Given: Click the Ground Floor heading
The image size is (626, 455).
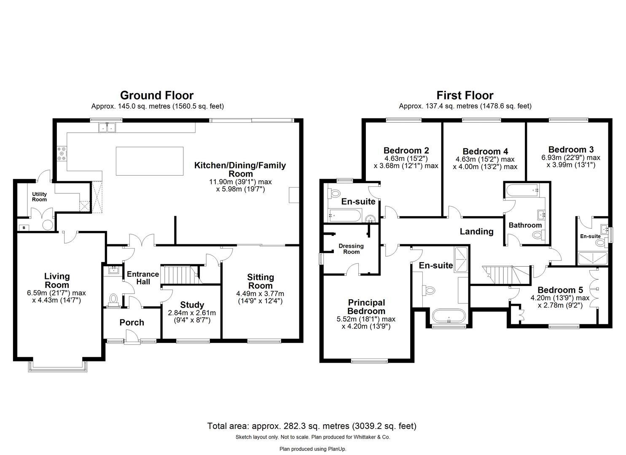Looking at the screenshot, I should pos(156,95).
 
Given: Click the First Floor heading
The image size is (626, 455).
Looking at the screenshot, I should pos(465,95).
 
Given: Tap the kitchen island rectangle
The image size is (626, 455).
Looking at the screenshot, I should pos(150,161).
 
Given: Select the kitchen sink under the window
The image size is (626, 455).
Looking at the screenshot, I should pos(107,127).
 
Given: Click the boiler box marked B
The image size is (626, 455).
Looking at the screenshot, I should pos(24,227).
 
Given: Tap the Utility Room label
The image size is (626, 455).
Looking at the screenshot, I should pos(40,197).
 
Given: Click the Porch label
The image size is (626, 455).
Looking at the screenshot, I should pos(132,322).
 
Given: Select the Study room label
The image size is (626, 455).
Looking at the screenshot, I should pos(192,305).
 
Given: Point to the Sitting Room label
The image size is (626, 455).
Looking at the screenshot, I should pos(260,281).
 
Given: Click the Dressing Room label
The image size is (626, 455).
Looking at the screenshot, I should pos(351,249).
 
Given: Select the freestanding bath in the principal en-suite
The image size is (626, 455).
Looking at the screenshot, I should pos(449,316).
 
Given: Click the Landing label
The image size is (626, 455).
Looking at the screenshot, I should pos(476,231).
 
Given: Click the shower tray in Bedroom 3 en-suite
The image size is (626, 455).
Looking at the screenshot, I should pos(592,258).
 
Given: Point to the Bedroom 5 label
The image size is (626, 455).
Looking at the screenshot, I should pos(560,290).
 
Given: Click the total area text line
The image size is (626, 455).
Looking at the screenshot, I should pos(312,426).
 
